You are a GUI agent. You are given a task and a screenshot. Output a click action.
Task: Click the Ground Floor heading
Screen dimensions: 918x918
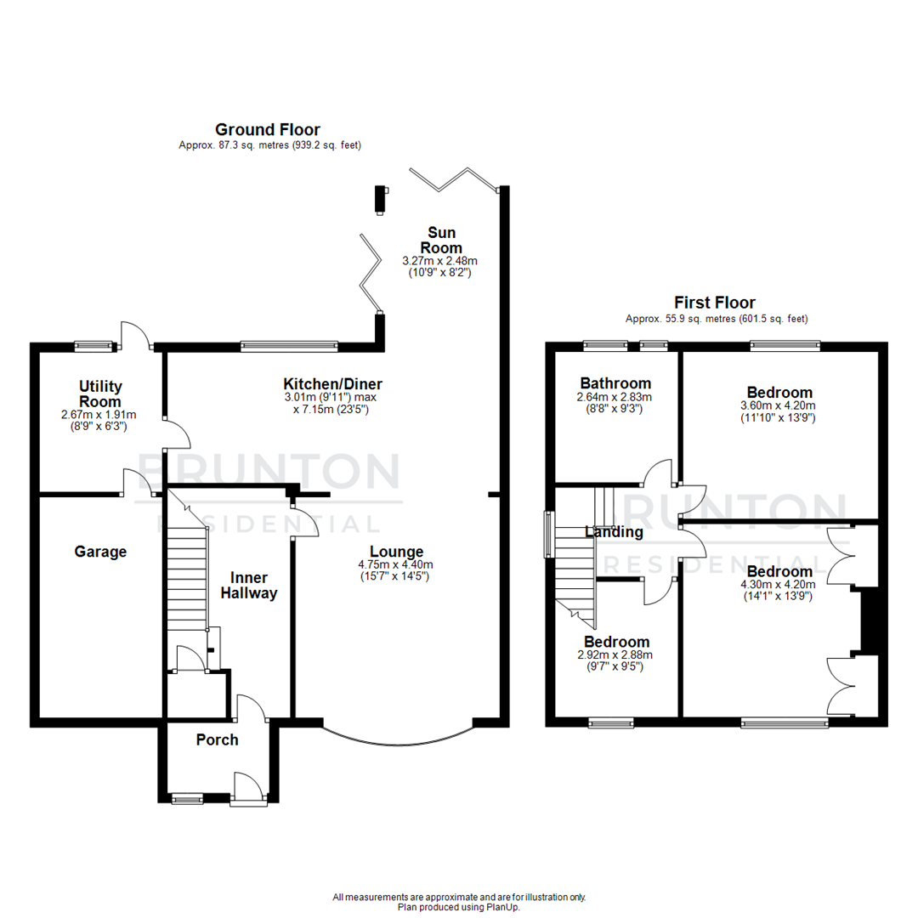267,130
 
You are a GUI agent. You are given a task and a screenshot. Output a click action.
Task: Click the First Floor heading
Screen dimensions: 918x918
714,303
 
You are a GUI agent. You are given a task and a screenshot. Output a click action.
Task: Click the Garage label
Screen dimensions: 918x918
100,552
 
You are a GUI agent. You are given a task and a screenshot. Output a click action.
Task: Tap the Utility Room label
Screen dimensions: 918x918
99,394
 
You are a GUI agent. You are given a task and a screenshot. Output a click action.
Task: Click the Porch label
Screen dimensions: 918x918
217,739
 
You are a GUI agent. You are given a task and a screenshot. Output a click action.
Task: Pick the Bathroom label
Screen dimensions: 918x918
615,383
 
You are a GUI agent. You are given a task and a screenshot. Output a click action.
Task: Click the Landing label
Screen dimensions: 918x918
614,532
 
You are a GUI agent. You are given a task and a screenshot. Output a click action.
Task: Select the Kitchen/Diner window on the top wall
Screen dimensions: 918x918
289,346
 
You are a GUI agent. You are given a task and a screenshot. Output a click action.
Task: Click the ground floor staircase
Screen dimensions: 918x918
187,578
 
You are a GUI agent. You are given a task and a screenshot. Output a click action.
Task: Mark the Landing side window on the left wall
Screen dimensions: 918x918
548,535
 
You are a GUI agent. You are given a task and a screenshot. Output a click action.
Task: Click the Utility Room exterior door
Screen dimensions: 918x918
135,337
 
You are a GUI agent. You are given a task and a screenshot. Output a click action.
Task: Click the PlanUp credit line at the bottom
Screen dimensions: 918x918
459,907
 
